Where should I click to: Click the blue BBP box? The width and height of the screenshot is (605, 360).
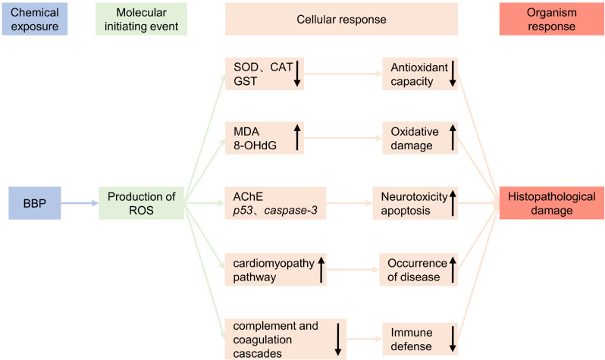click(x=36, y=203)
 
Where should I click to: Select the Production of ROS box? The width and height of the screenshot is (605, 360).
click(x=142, y=203)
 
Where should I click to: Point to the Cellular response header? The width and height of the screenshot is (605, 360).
click(x=341, y=18)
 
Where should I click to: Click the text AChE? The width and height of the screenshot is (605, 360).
click(x=247, y=196)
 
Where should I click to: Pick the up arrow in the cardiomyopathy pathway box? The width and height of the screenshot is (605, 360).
click(x=319, y=269)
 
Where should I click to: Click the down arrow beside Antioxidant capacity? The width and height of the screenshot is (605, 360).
click(x=452, y=74)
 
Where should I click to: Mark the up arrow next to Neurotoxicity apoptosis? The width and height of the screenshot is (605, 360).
click(x=452, y=203)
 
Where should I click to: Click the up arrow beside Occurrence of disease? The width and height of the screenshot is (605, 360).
click(x=452, y=269)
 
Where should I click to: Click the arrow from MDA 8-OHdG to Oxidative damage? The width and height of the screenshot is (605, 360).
click(x=341, y=139)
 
